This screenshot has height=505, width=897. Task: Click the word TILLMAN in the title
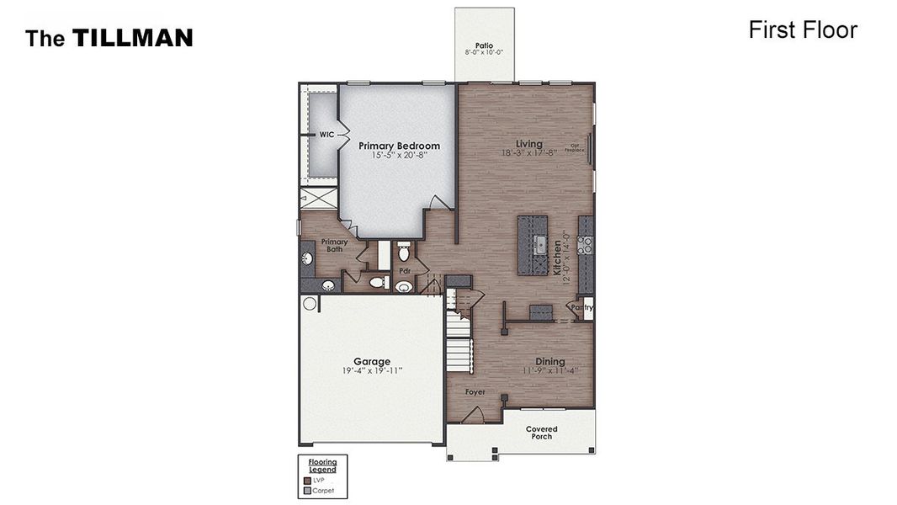click(x=132, y=38)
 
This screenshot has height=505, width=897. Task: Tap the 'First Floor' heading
click(x=802, y=30)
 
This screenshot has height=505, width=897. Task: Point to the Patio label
click(x=484, y=45)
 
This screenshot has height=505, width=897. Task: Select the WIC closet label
click(x=326, y=135)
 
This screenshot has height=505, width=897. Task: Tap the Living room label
click(x=529, y=144)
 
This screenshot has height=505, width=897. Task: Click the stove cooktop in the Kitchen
click(x=586, y=245)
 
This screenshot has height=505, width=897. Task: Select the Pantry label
click(x=581, y=307)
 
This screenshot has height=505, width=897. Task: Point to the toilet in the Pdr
click(x=403, y=252)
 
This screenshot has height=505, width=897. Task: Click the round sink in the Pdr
click(x=404, y=287)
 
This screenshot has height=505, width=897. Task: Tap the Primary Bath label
click(x=334, y=246)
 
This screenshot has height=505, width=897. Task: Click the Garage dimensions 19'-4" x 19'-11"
click(x=371, y=371)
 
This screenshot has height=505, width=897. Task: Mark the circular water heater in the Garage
click(x=310, y=304)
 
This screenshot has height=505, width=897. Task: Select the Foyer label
click(x=475, y=392)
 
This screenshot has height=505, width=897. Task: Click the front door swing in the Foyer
click(x=473, y=415)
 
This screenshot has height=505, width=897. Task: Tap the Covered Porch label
click(x=541, y=433)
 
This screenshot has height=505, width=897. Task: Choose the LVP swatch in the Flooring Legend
click(x=306, y=481)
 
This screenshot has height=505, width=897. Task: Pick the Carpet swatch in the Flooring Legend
click(x=306, y=491)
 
